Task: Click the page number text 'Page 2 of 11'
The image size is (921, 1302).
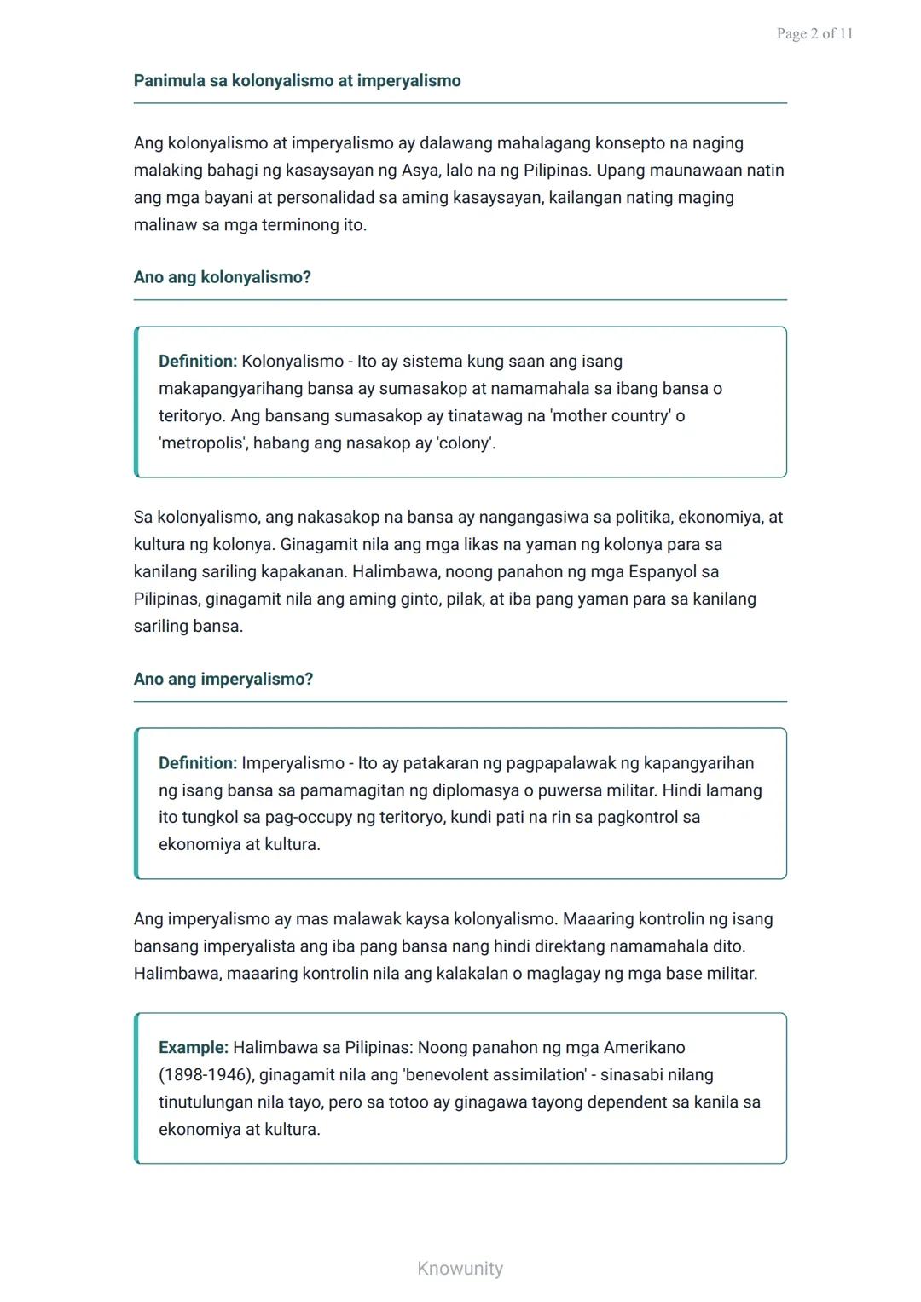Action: (814, 34)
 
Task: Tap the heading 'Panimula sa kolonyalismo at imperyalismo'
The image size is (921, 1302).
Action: (297, 81)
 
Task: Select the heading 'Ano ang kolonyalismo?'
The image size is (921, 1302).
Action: (222, 277)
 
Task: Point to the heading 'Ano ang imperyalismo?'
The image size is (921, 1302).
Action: (223, 679)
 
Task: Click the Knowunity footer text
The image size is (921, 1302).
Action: (460, 1268)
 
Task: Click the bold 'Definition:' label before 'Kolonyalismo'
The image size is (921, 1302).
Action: (198, 362)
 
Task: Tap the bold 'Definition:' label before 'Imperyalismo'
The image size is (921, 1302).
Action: (198, 763)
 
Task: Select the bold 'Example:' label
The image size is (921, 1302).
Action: (194, 1047)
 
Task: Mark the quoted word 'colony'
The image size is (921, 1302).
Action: (465, 443)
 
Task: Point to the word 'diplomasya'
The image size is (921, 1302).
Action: (474, 790)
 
